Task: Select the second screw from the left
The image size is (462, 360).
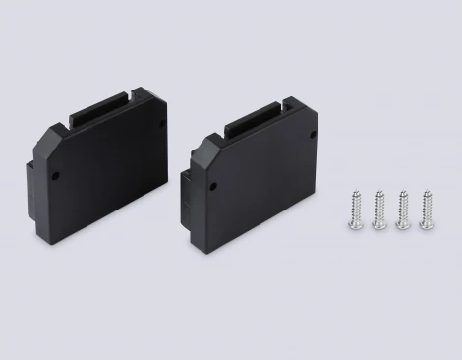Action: [x=377, y=210]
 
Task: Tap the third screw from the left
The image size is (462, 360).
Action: [x=401, y=209]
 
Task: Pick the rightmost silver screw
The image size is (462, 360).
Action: [x=426, y=208]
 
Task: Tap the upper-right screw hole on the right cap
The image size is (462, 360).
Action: [x=312, y=134]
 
